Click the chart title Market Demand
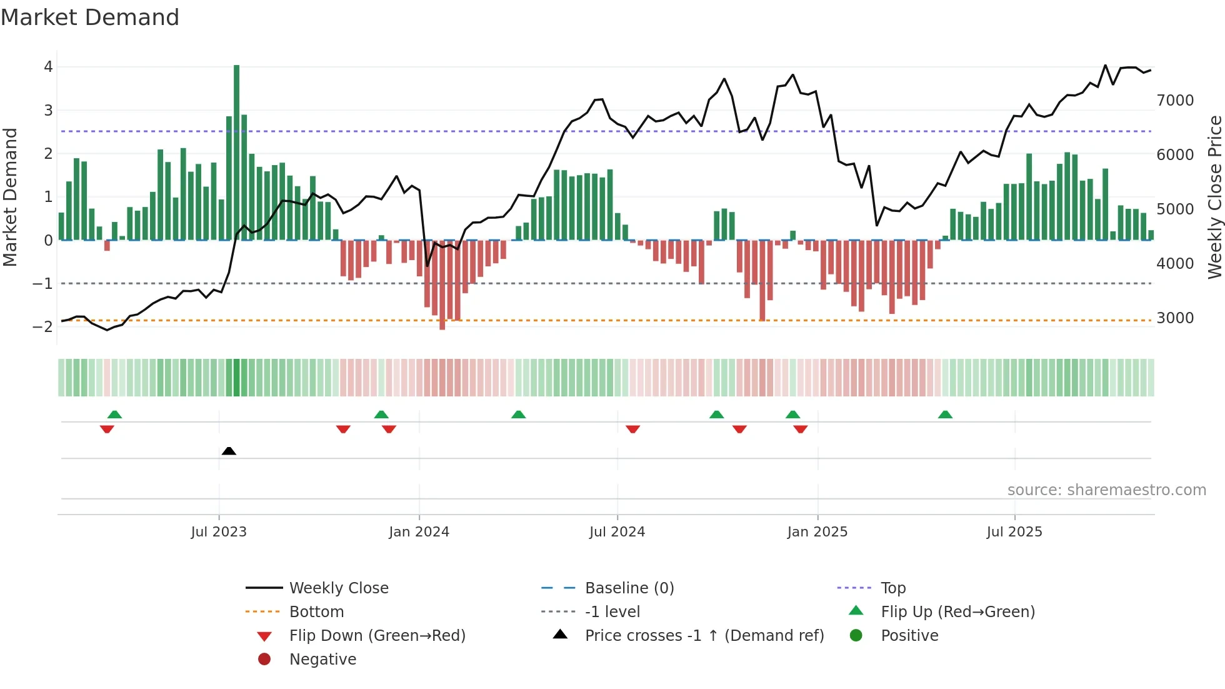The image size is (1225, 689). coord(90,18)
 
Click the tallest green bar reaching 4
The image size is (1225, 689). coord(236,150)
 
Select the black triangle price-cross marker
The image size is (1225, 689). coord(229,451)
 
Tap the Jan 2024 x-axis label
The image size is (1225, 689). coord(419,532)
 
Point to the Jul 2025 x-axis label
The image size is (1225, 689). coord(1014,532)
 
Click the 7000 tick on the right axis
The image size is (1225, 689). coord(1175,101)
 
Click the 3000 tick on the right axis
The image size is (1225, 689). coord(1175,318)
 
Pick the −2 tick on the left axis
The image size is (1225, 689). coord(42,326)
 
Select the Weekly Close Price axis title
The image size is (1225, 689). coord(1214,197)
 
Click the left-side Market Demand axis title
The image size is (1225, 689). coord(10,197)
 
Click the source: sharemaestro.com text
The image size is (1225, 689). coord(1106,490)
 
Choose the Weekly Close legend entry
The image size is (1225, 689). coord(338,588)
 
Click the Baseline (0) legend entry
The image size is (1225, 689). coord(629,588)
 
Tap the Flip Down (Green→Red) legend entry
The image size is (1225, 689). coord(377,636)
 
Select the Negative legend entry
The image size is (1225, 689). coord(322,660)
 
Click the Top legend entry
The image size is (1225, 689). coord(892,588)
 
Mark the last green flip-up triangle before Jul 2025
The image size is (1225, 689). coord(945,415)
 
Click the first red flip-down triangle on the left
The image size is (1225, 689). coord(107,429)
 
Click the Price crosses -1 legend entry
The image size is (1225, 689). coord(704,636)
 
